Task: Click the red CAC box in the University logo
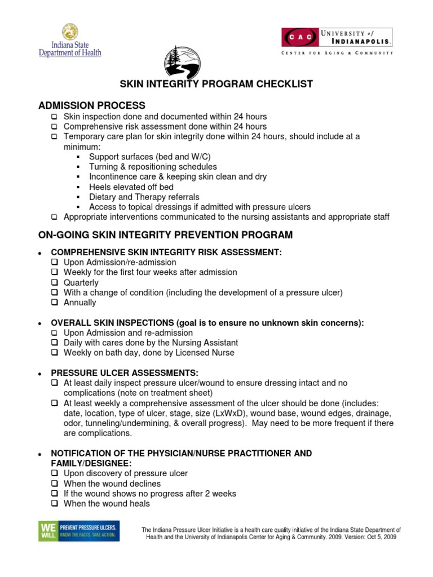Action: (299, 37)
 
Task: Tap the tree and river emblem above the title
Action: (181, 62)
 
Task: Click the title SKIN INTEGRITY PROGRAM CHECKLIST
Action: (216, 85)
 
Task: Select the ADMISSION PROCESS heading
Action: (91, 105)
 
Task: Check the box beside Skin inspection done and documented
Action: (55, 117)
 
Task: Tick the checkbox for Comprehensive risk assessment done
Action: (55, 127)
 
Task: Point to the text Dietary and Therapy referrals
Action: (144, 197)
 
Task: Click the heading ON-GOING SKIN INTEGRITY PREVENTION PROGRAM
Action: (165, 234)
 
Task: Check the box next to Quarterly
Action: (55, 283)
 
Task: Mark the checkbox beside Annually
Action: (55, 303)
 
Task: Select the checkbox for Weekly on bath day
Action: (55, 353)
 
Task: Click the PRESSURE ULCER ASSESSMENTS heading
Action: (125, 373)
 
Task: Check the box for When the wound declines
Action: (55, 484)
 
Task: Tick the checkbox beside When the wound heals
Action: (55, 504)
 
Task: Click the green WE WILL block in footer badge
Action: (46, 531)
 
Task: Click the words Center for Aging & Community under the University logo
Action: (338, 53)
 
